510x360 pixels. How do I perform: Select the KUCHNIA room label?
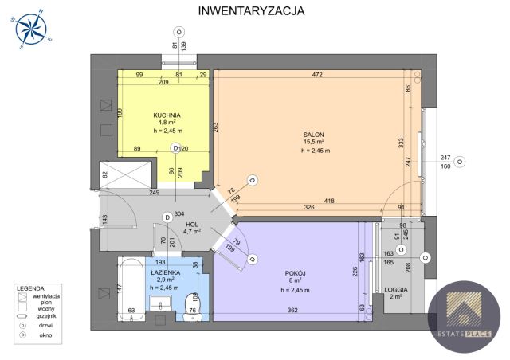(167, 115)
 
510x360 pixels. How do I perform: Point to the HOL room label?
(191, 224)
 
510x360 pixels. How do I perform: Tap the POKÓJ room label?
(294, 272)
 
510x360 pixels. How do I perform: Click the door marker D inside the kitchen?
(175, 148)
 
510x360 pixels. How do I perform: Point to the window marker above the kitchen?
(179, 32)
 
